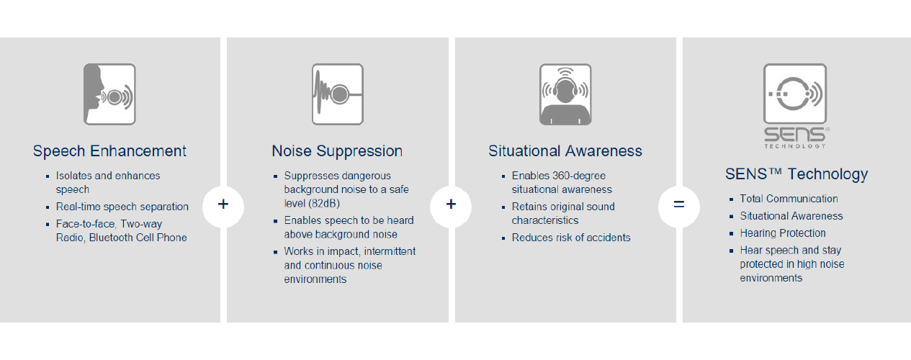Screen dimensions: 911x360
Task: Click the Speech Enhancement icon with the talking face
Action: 109,94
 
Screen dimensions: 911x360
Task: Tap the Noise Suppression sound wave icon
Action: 338,94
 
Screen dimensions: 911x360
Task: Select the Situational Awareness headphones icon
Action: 565,94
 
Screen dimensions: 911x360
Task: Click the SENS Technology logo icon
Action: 795,94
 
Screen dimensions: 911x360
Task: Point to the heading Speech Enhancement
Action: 109,151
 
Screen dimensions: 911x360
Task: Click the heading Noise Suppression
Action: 337,151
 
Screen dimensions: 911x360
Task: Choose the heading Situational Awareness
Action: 565,151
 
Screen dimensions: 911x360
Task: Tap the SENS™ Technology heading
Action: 796,174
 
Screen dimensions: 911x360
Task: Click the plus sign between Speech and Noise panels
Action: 223,204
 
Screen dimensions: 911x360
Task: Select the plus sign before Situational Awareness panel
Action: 451,204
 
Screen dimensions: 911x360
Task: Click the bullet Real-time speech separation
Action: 122,207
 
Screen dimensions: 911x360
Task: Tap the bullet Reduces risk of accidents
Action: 571,238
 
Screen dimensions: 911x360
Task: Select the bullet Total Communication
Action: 789,199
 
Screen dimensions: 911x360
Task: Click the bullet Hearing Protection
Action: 783,233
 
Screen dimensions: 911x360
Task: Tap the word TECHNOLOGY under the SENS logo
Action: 794,146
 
